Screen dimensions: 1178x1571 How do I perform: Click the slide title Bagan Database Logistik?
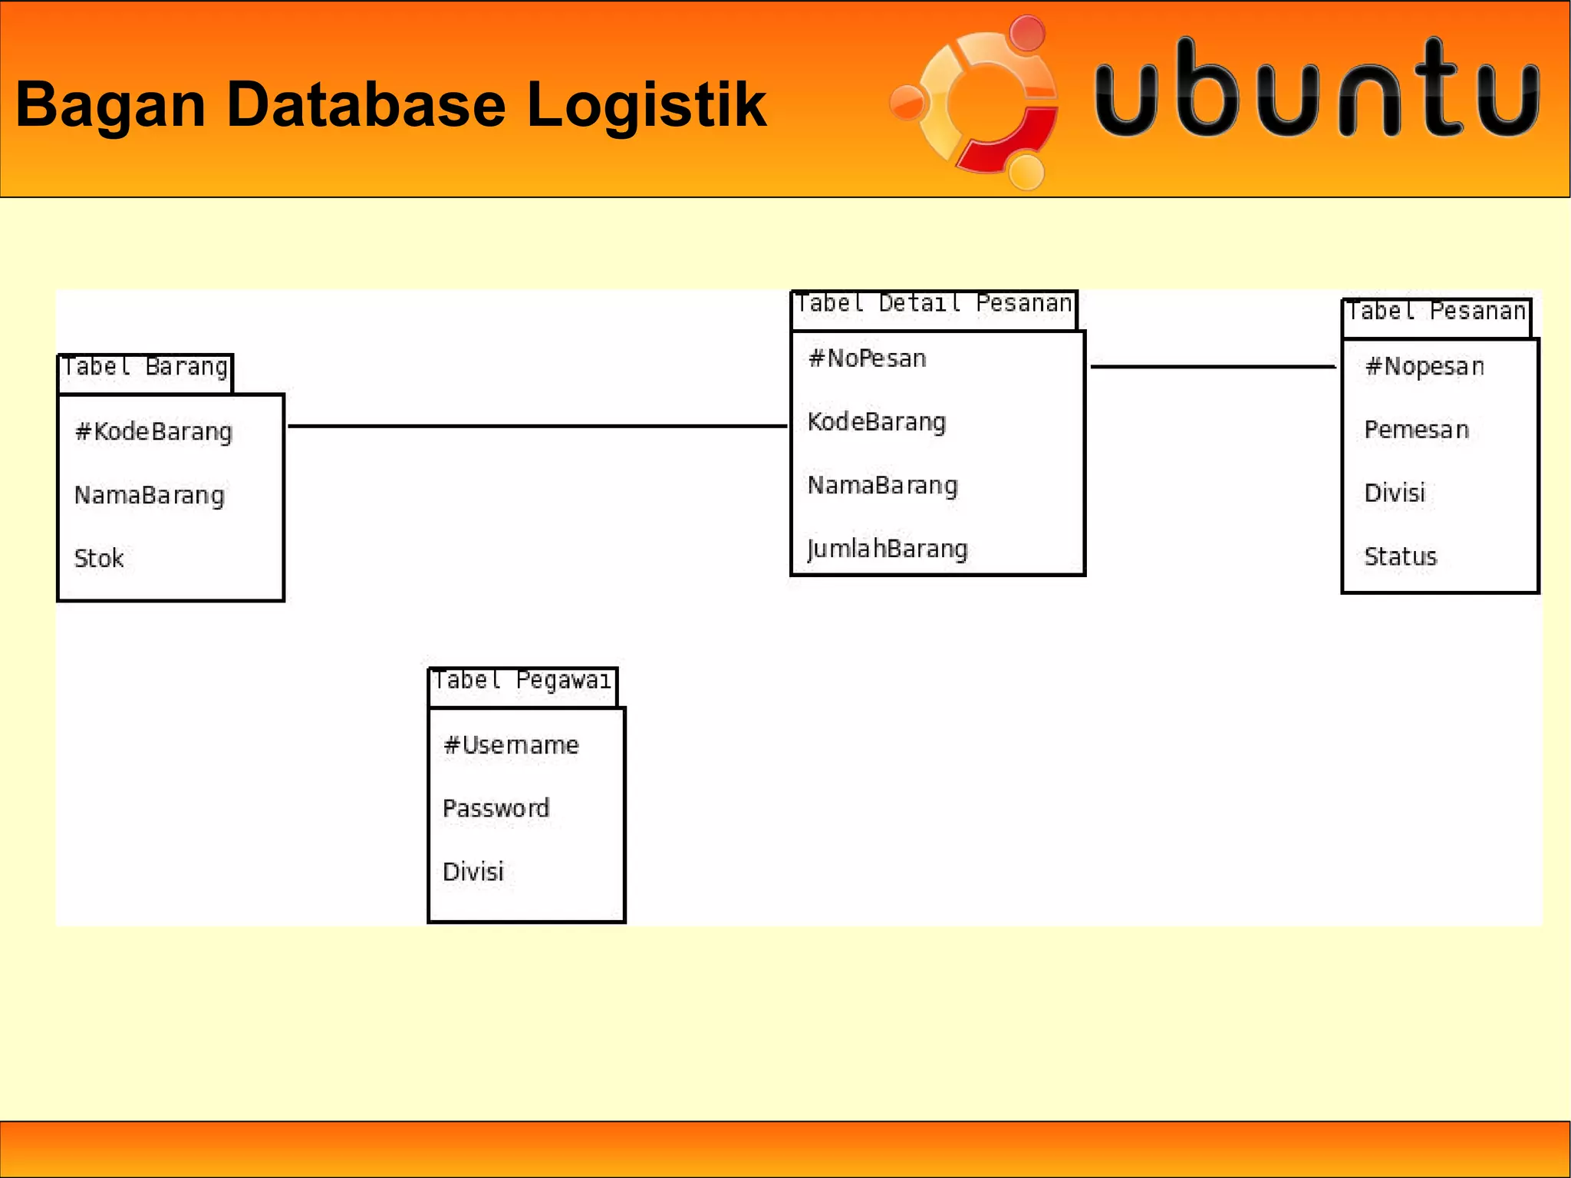[390, 104]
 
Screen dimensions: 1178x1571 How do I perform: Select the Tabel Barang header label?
[145, 368]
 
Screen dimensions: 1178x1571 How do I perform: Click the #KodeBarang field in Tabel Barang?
[153, 432]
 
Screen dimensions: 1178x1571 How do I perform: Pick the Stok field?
[99, 559]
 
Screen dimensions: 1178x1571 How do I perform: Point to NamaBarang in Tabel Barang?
[150, 496]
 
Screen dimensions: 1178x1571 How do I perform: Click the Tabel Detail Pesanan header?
[934, 305]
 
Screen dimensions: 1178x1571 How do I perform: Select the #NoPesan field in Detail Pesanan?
[868, 358]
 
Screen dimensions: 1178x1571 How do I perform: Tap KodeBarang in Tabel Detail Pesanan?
[877, 422]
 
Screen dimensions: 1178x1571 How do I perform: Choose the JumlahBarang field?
[888, 549]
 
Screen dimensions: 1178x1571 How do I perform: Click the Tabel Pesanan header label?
[1436, 312]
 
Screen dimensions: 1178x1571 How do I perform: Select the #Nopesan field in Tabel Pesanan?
[1424, 367]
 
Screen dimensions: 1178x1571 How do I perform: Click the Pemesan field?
[1417, 430]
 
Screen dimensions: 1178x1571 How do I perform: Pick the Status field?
[1401, 557]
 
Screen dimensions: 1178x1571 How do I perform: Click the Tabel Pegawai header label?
[522, 681]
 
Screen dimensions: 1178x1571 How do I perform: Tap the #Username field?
[511, 745]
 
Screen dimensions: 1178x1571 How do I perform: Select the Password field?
[496, 808]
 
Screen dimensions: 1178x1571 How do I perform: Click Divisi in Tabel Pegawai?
[473, 872]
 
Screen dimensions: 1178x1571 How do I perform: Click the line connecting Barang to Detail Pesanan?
[537, 426]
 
